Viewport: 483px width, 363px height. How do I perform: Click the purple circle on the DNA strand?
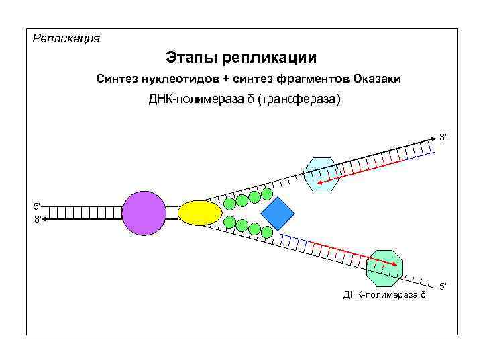point(144,212)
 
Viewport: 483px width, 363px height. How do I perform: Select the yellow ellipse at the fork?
point(200,212)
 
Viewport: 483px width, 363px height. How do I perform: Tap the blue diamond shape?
point(278,213)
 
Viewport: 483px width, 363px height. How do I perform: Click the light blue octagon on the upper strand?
point(323,175)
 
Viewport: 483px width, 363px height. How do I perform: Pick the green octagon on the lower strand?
point(385,267)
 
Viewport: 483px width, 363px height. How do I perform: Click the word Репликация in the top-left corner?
point(66,38)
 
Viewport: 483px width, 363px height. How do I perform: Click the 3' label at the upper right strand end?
point(443,138)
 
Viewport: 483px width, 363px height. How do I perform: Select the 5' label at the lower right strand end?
point(443,287)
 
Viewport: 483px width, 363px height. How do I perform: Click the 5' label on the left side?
point(38,206)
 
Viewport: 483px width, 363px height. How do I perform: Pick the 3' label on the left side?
point(38,219)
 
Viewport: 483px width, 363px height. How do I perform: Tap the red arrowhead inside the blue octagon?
point(317,182)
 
